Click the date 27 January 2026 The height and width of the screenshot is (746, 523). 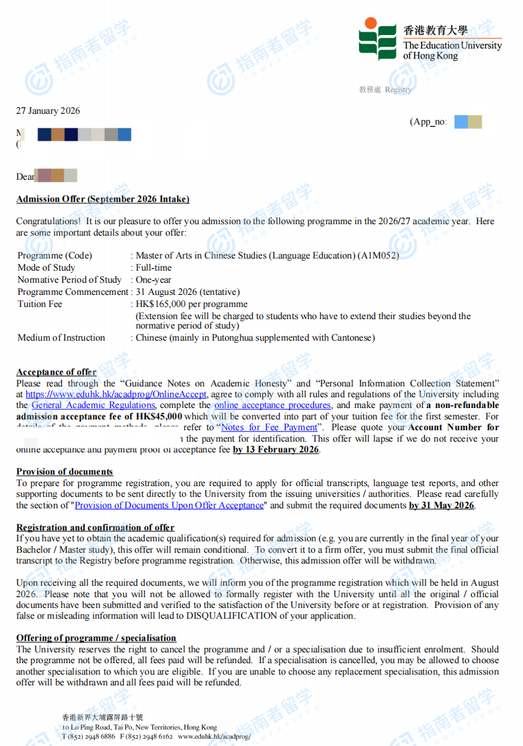tap(48, 111)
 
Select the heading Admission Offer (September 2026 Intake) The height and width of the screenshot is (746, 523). tap(103, 199)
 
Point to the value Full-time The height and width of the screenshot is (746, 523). tap(154, 268)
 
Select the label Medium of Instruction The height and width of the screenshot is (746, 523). tap(61, 338)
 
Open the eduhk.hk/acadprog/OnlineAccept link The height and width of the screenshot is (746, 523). tap(116, 395)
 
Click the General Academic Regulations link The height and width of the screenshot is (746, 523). tap(93, 405)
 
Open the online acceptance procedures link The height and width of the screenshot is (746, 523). tap(272, 405)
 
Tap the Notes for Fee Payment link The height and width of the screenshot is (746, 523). tap(269, 428)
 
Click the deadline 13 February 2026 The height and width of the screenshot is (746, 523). tap(276, 450)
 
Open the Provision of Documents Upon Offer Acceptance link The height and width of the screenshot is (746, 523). tap(169, 506)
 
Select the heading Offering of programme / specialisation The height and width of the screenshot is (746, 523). tap(96, 638)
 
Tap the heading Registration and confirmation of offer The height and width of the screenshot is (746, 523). tap(95, 528)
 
